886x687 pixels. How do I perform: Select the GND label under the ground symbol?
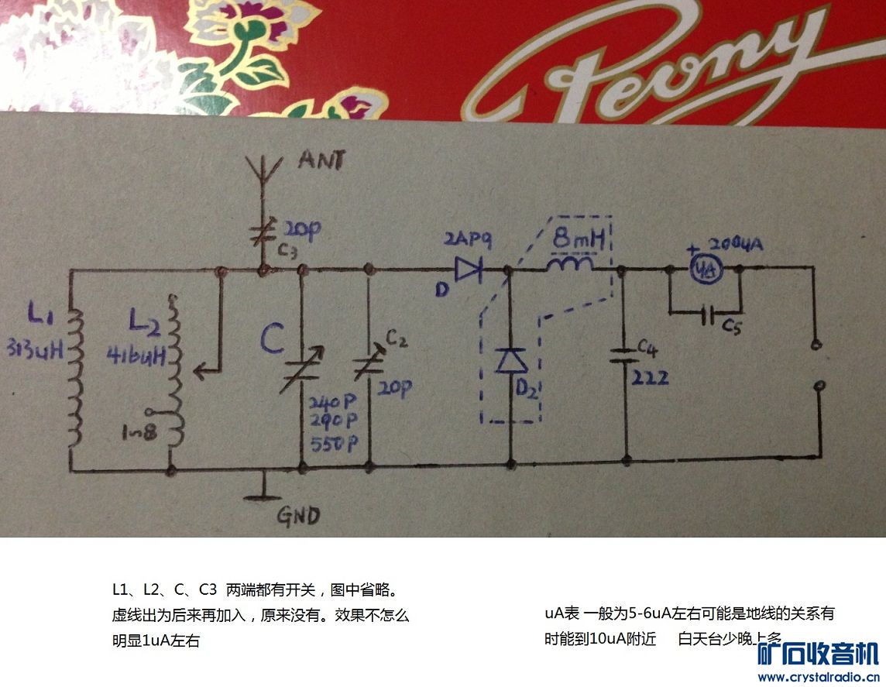[298, 514]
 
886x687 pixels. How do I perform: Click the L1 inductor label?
[39, 314]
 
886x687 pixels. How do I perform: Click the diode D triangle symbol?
[468, 270]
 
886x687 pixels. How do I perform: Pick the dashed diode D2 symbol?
[510, 361]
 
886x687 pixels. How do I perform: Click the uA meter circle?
[703, 269]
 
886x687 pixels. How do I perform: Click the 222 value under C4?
[650, 377]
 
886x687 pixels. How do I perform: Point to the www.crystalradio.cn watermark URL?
[816, 676]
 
